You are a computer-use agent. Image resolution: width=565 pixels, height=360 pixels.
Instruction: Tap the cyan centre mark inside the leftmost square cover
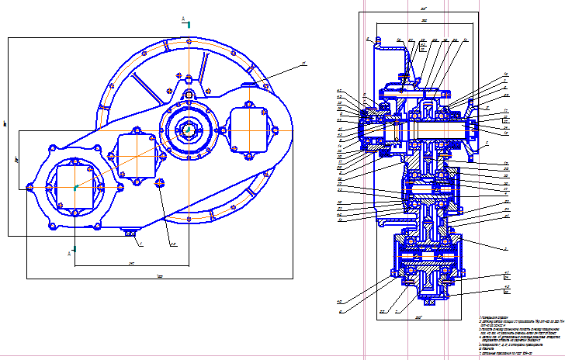75,187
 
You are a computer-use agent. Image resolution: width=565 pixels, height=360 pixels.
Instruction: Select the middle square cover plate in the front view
137,155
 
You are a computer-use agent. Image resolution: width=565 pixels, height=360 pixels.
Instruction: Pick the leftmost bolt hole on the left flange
29,187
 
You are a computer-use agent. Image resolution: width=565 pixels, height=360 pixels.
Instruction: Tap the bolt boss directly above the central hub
188,95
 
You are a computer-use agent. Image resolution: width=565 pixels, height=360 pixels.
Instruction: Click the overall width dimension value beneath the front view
159,276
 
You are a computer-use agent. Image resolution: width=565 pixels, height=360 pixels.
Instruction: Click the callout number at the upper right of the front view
304,63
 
